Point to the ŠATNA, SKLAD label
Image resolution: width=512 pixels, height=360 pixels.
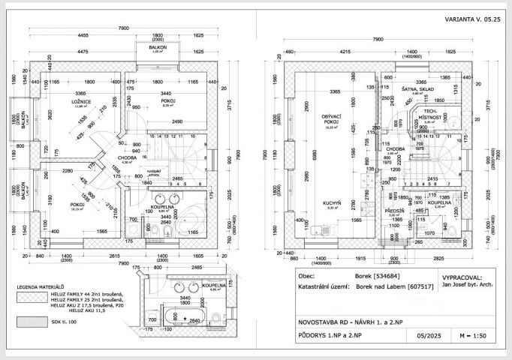[x=418, y=88]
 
